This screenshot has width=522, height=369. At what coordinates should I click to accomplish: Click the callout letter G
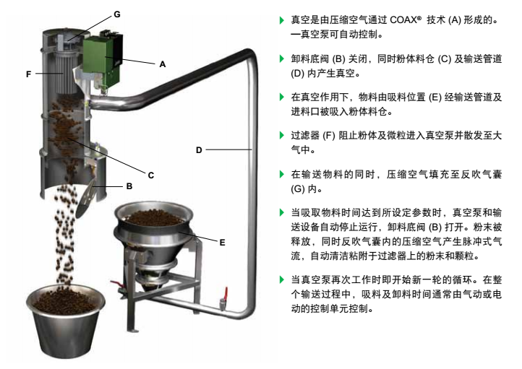[117, 14]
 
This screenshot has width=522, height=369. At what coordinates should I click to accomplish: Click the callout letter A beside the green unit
[163, 64]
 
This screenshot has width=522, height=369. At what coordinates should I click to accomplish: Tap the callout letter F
[29, 74]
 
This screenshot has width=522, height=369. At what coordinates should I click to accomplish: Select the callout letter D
[199, 150]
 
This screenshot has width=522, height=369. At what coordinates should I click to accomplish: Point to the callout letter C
[151, 175]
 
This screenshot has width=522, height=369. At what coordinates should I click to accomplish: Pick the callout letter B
[129, 186]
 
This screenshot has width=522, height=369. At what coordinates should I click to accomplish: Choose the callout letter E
[223, 243]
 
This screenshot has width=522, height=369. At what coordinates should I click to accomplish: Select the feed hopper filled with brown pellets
[154, 233]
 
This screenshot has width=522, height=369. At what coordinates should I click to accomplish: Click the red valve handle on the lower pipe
[226, 294]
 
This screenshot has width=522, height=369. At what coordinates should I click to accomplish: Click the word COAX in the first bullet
[403, 20]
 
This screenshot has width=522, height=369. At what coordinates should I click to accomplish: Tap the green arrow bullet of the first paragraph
[282, 20]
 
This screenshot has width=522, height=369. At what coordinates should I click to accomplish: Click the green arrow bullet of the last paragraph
[282, 279]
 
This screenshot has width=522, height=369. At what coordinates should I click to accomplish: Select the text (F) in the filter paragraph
[329, 136]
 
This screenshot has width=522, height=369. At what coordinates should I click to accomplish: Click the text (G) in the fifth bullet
[298, 189]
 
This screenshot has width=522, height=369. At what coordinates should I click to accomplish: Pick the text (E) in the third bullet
[435, 97]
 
